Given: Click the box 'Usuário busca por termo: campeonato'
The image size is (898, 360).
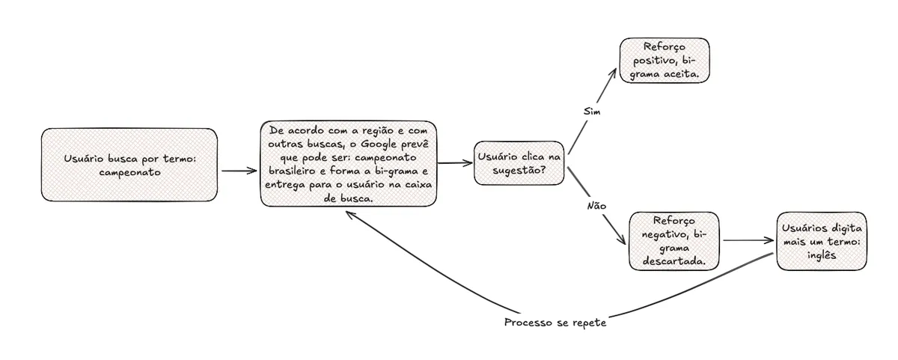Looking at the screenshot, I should pyautogui.click(x=129, y=165).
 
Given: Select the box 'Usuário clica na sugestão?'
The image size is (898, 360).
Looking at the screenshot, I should pyautogui.click(x=519, y=163).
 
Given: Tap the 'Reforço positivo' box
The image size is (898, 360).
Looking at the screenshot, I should pyautogui.click(x=664, y=61).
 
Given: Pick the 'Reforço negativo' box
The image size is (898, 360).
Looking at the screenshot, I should pyautogui.click(x=673, y=241).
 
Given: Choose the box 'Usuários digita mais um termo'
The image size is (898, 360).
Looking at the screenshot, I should pyautogui.click(x=821, y=241).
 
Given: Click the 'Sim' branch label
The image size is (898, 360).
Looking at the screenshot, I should pyautogui.click(x=592, y=111).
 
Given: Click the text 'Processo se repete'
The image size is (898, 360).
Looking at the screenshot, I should pyautogui.click(x=555, y=323).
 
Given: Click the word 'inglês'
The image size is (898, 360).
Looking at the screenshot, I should pyautogui.click(x=821, y=254).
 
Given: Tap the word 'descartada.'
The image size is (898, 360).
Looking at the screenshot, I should pyautogui.click(x=673, y=261).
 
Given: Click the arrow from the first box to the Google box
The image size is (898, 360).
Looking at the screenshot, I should pyautogui.click(x=239, y=171).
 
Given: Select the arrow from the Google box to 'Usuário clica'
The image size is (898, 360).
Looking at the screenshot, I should pyautogui.click(x=455, y=162).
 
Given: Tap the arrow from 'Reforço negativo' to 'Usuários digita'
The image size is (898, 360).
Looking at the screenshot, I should pyautogui.click(x=748, y=240).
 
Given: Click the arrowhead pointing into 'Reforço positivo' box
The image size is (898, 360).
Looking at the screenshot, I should pyautogui.click(x=614, y=73).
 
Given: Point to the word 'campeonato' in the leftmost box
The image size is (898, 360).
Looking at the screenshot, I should pyautogui.click(x=129, y=171).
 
